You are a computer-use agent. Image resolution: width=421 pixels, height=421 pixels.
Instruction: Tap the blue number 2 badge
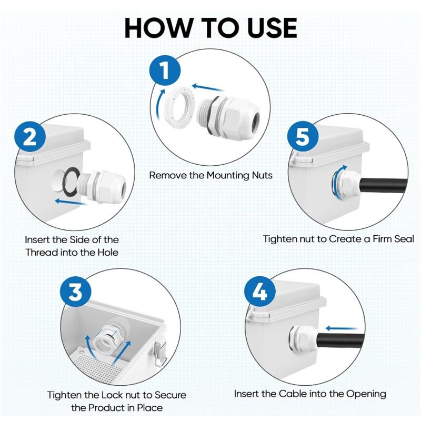(x=31, y=137)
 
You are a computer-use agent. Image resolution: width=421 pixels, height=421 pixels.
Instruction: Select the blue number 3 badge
(x=75, y=291)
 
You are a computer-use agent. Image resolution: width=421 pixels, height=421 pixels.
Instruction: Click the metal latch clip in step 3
(x=160, y=352)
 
